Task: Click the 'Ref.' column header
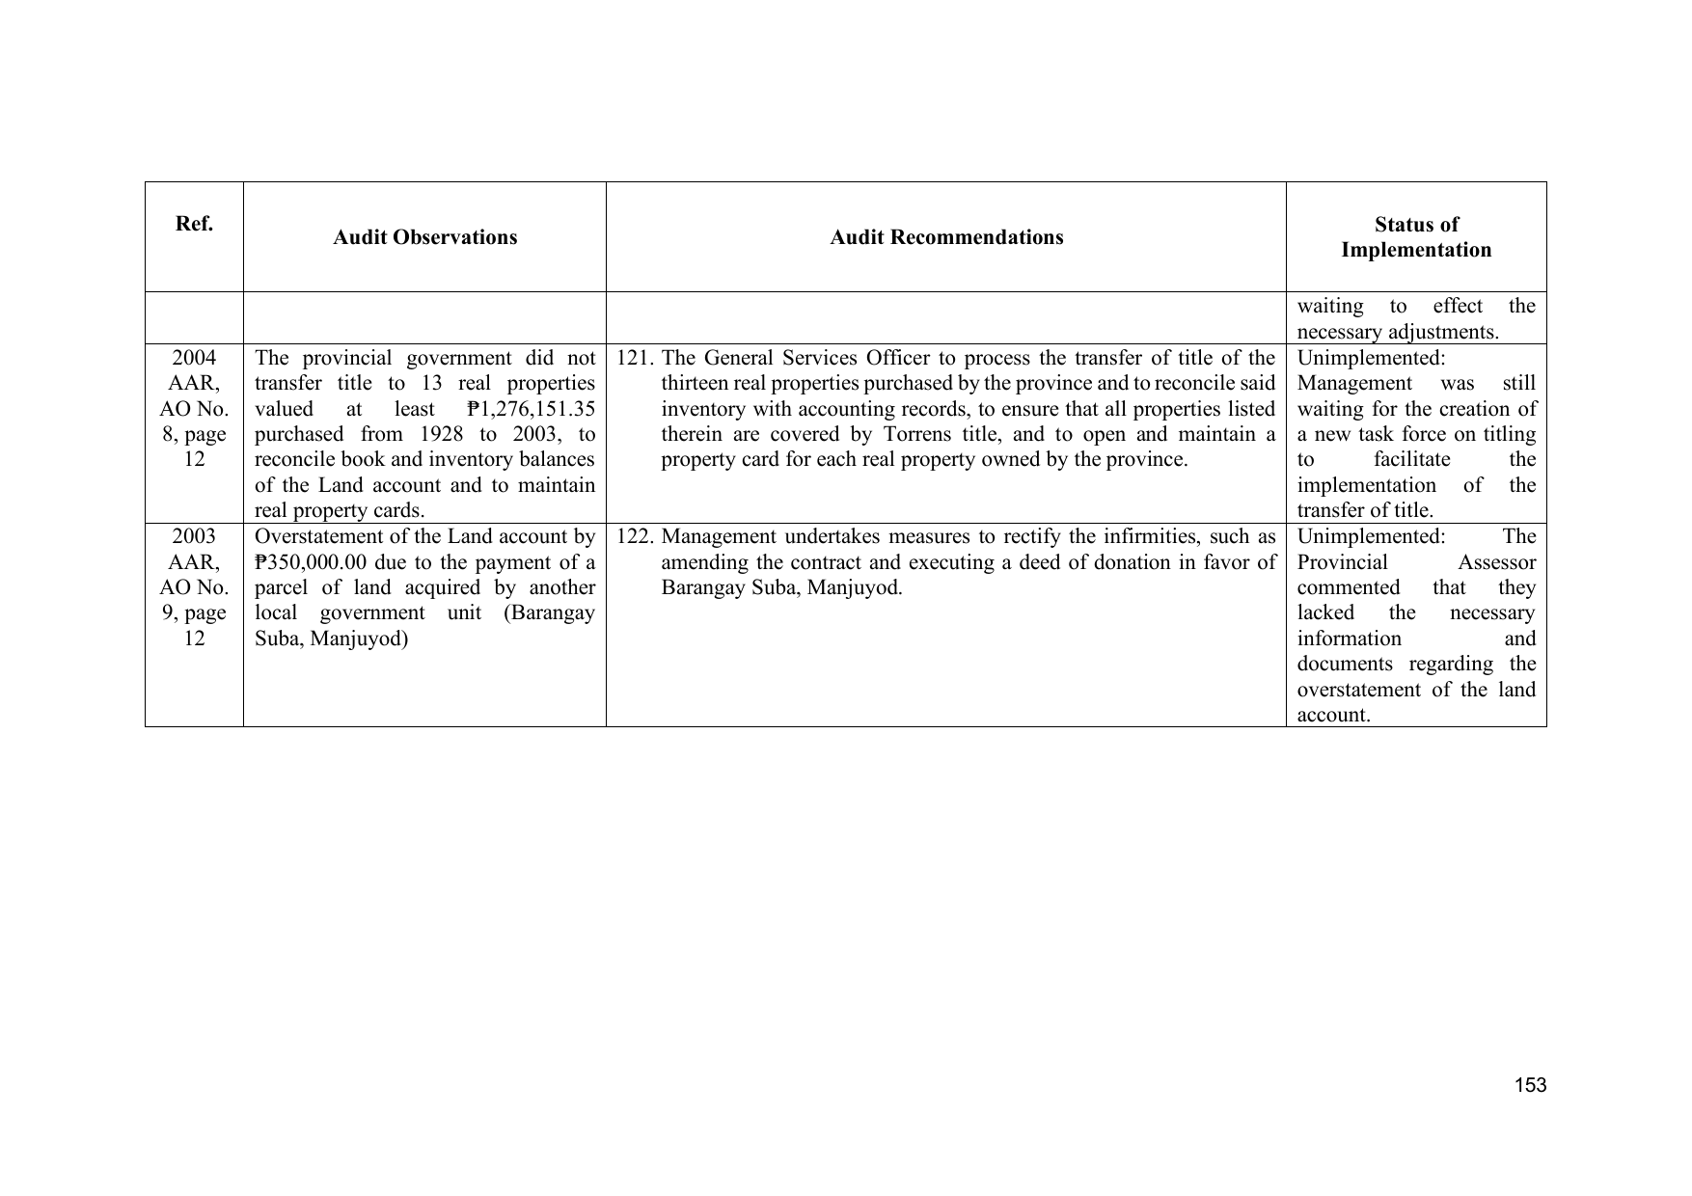(194, 224)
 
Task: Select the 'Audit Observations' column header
(424, 237)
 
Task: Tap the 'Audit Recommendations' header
(946, 237)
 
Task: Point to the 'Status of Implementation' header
(1416, 237)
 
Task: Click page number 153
(1530, 1085)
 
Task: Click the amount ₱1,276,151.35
(530, 409)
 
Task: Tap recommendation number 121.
(635, 359)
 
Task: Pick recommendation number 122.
(635, 536)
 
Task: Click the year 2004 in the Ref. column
(194, 358)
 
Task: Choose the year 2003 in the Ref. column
(194, 536)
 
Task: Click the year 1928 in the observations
(442, 434)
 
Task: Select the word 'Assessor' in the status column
(1496, 562)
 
